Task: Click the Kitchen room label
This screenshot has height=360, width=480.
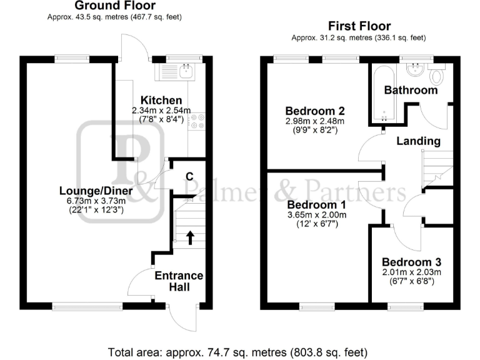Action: (x=161, y=100)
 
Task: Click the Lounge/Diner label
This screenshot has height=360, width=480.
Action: (x=94, y=191)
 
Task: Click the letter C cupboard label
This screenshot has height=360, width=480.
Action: (x=188, y=175)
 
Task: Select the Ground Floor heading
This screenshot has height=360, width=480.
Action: (x=114, y=6)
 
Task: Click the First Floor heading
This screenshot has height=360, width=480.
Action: (x=359, y=26)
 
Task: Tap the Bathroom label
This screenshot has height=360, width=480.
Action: (x=411, y=90)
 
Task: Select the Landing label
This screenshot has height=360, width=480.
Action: (x=418, y=141)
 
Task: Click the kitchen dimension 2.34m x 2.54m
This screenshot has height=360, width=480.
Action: (x=161, y=111)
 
